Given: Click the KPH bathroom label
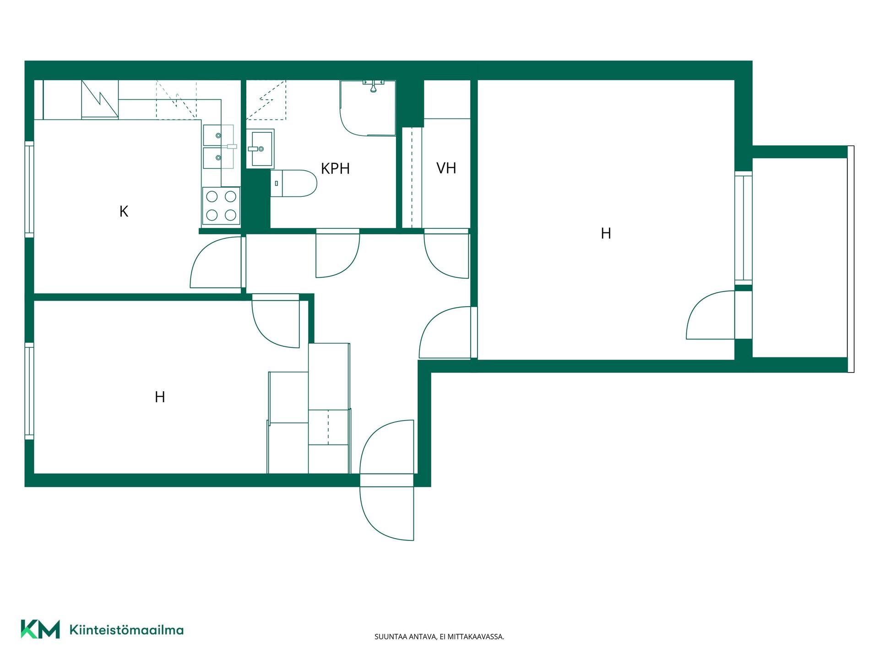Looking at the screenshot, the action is (335, 168).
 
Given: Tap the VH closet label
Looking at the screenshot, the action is (446, 168).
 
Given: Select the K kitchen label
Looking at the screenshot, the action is (124, 211).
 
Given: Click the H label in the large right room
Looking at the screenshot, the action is (606, 233).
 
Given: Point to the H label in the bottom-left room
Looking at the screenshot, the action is (160, 397).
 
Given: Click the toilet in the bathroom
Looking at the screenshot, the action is (293, 184).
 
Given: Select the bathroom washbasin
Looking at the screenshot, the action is (260, 149).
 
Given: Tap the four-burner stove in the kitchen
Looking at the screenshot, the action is (221, 205).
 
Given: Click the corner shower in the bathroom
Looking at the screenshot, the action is (368, 108).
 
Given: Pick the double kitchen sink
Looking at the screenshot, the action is (218, 147).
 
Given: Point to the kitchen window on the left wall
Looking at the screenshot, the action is (29, 189).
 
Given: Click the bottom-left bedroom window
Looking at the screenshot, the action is (29, 391).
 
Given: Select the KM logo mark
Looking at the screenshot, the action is (40, 629).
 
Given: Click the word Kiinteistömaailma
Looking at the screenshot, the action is (126, 630).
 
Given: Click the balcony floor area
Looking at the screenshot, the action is (799, 257).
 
